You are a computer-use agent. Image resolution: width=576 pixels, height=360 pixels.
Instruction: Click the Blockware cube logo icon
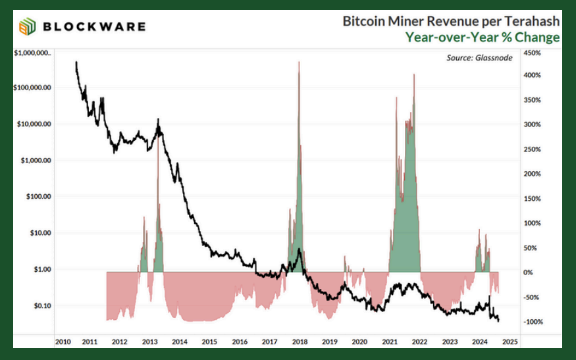click(x=28, y=27)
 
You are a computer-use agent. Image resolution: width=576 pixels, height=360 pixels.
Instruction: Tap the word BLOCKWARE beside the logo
click(x=94, y=27)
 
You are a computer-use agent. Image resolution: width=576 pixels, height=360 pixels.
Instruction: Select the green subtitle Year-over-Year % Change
click(x=483, y=37)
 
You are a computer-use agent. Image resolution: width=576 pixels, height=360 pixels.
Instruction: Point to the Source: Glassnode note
click(x=479, y=58)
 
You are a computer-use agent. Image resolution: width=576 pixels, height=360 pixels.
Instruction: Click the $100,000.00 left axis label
click(x=33, y=88)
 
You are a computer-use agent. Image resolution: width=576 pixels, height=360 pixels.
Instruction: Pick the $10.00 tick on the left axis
click(x=40, y=233)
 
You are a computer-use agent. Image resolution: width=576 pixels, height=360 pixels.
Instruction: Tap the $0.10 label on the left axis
click(x=41, y=305)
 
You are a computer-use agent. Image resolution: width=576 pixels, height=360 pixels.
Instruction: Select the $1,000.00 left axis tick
click(x=36, y=160)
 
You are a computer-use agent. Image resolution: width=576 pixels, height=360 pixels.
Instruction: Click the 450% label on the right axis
click(x=531, y=53)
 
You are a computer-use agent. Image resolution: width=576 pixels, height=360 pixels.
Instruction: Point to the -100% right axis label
click(x=531, y=322)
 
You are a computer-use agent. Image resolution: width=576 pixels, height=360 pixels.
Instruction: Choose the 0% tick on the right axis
click(x=528, y=272)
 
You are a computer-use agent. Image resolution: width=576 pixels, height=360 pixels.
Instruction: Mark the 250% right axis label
click(x=531, y=149)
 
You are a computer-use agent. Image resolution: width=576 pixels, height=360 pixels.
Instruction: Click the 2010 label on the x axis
click(x=63, y=342)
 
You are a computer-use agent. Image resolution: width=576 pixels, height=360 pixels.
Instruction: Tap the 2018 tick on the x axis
click(x=300, y=342)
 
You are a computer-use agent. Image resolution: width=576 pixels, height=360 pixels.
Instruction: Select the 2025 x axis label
click(x=510, y=342)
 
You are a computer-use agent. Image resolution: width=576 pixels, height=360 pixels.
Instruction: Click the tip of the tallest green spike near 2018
click(x=299, y=62)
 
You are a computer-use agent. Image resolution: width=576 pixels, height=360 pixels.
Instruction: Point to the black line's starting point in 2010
click(x=76, y=62)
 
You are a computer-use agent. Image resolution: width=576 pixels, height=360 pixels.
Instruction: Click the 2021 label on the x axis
click(x=390, y=342)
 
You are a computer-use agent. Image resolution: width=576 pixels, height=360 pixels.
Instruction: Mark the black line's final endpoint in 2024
click(x=498, y=321)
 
